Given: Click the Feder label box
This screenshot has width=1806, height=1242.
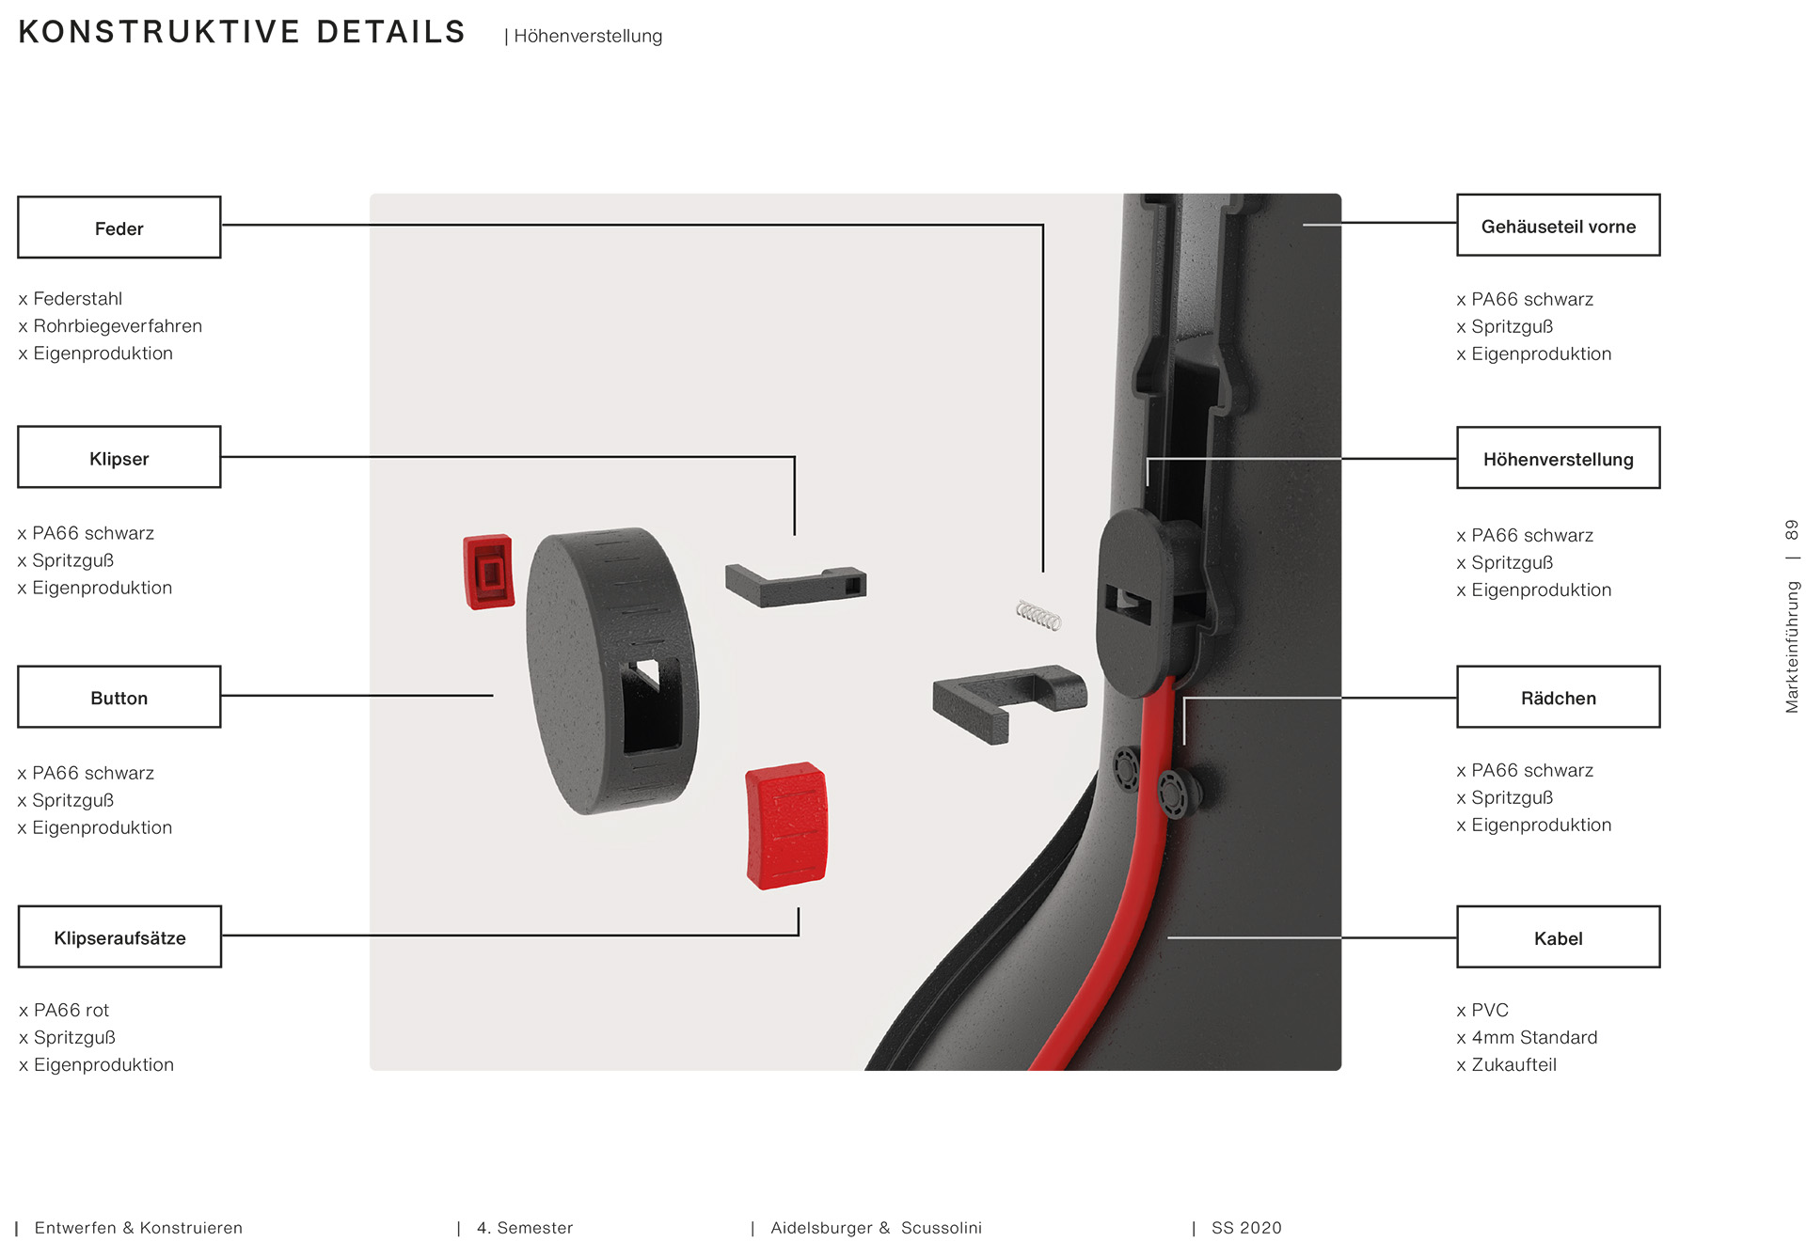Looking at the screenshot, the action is [119, 228].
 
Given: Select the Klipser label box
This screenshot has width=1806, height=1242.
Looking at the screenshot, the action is [119, 457].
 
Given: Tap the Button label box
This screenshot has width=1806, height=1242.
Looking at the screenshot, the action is [119, 697].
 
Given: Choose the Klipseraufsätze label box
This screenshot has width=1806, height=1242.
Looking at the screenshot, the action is [119, 936].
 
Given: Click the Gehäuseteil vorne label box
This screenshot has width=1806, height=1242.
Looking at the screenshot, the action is [1559, 225].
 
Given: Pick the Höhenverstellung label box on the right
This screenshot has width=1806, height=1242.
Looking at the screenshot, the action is [1559, 458].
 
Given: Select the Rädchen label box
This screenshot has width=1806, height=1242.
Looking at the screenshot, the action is [1559, 697].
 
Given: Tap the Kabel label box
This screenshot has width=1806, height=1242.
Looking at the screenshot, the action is [1559, 936].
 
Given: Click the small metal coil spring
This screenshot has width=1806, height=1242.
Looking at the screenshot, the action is [1038, 616].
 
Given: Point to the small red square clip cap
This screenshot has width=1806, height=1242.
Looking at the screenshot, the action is [488, 572].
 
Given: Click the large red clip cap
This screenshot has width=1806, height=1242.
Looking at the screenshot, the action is [787, 825].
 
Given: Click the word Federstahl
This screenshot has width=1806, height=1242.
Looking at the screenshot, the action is [78, 298].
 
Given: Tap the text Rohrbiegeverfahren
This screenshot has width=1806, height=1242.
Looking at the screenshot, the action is [118, 325].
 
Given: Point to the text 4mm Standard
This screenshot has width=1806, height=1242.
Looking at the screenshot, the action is [1534, 1037].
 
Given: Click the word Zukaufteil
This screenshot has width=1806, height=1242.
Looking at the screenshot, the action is [1513, 1064].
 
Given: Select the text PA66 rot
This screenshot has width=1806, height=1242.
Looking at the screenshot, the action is [71, 1010].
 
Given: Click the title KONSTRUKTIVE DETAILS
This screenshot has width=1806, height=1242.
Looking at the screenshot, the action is [242, 32].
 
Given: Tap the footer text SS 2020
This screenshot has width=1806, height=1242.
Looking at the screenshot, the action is [1246, 1228].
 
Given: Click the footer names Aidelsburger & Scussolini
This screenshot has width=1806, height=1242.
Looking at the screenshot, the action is [876, 1228].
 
